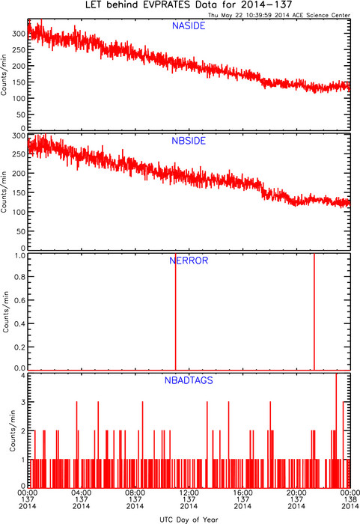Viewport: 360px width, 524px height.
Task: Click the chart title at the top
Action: click(189, 5)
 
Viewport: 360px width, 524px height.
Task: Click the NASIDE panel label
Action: click(189, 25)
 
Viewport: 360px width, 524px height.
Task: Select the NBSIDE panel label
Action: click(189, 141)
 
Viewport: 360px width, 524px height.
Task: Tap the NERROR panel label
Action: click(189, 261)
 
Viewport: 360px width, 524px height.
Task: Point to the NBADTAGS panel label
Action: click(189, 380)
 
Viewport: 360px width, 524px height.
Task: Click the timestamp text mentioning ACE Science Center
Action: click(279, 15)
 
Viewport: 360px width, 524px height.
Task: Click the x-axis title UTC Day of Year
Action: click(189, 520)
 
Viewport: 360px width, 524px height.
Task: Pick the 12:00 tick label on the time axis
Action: click(189, 493)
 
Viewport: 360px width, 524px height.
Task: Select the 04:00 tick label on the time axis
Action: click(82, 493)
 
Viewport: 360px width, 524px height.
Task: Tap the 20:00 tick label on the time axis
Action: click(296, 493)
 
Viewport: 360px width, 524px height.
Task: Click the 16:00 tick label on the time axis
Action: click(242, 493)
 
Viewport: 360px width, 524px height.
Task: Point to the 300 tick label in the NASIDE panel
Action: click(19, 34)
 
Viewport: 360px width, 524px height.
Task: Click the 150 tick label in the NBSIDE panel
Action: click(19, 193)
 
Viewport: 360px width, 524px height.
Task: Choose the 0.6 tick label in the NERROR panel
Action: click(20, 300)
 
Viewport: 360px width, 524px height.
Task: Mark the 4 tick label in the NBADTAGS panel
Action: click(23, 376)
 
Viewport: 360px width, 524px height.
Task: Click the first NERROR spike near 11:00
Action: click(176, 311)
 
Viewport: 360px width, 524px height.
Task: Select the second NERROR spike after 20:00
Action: click(314, 311)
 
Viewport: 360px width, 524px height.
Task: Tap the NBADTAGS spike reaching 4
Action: click(336, 430)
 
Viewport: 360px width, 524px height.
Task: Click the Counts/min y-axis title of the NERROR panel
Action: click(6, 311)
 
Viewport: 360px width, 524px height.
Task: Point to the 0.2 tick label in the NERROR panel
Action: click(20, 347)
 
